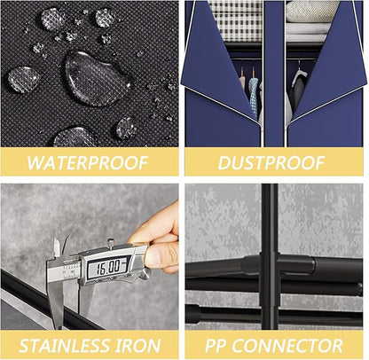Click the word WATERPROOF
(88, 162)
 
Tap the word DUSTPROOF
(271, 162)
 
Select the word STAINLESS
(64, 346)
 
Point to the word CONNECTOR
(287, 346)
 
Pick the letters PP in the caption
(216, 346)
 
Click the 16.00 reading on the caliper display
(109, 267)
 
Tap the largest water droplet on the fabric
(97, 78)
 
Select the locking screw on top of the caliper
(111, 243)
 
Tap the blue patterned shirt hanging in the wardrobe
(253, 95)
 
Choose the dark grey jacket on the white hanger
(298, 95)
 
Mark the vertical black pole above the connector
(270, 219)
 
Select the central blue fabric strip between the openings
(274, 74)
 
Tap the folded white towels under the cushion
(308, 32)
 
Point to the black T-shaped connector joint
(271, 266)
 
